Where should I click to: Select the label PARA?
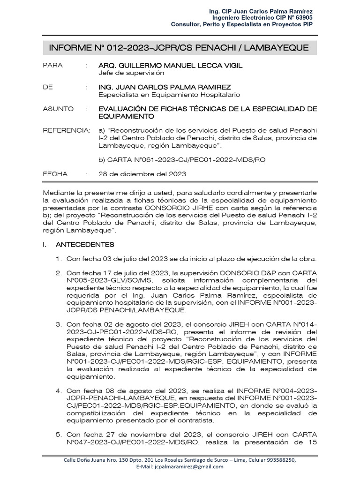[x=52, y=65]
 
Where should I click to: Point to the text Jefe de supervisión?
[x=131, y=73]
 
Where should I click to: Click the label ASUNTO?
[x=58, y=109]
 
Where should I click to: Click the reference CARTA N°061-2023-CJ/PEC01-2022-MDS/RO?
[x=187, y=160]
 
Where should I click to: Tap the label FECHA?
[x=55, y=174]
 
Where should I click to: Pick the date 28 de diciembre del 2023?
[x=142, y=174]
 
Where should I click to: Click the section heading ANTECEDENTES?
[x=84, y=244]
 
